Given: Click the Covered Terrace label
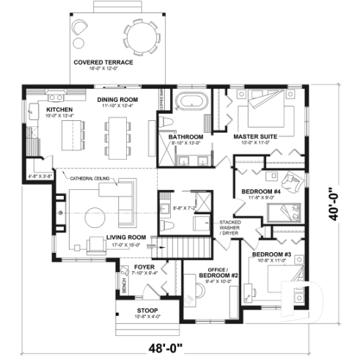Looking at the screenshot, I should [x=103, y=62].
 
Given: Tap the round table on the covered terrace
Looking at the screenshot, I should [x=138, y=37].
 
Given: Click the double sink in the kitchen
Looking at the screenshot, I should [x=34, y=113].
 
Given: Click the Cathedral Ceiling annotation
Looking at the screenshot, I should [x=89, y=178].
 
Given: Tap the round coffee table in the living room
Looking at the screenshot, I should [x=95, y=217].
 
